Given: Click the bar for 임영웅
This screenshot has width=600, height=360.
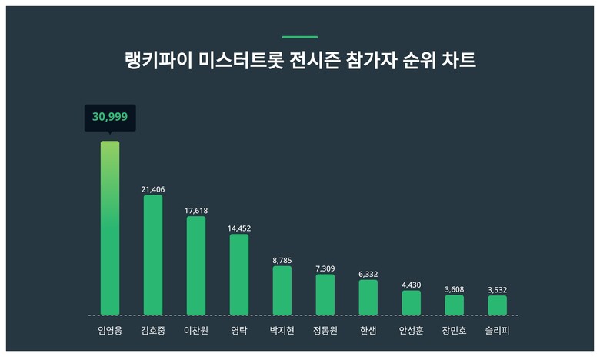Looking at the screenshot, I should [x=110, y=228].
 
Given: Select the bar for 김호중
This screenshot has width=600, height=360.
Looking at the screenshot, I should [x=153, y=255].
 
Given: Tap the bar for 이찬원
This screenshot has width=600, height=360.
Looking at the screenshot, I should [x=196, y=265].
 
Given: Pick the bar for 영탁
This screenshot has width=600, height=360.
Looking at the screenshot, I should [x=239, y=275].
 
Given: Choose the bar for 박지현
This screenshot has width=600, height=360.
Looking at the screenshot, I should [x=282, y=291].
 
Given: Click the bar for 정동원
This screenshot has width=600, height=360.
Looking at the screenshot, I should [x=325, y=295].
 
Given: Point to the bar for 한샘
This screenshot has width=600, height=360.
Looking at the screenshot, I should [x=368, y=298].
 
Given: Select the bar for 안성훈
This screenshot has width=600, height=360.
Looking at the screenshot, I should [x=412, y=303].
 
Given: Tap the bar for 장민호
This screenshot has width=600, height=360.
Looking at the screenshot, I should [x=455, y=305].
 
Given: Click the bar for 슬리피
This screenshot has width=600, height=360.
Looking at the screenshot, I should [x=498, y=305].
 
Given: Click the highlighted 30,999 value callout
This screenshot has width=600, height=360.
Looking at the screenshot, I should [x=110, y=117].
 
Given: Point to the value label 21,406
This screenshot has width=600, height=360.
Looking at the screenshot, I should [x=153, y=189].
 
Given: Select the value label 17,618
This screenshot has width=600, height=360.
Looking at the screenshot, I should [x=196, y=210].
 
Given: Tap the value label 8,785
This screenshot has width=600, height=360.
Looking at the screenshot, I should [x=282, y=261].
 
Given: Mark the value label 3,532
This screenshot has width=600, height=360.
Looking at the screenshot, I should [x=498, y=290].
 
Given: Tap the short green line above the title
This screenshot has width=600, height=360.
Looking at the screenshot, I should [x=300, y=36].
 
